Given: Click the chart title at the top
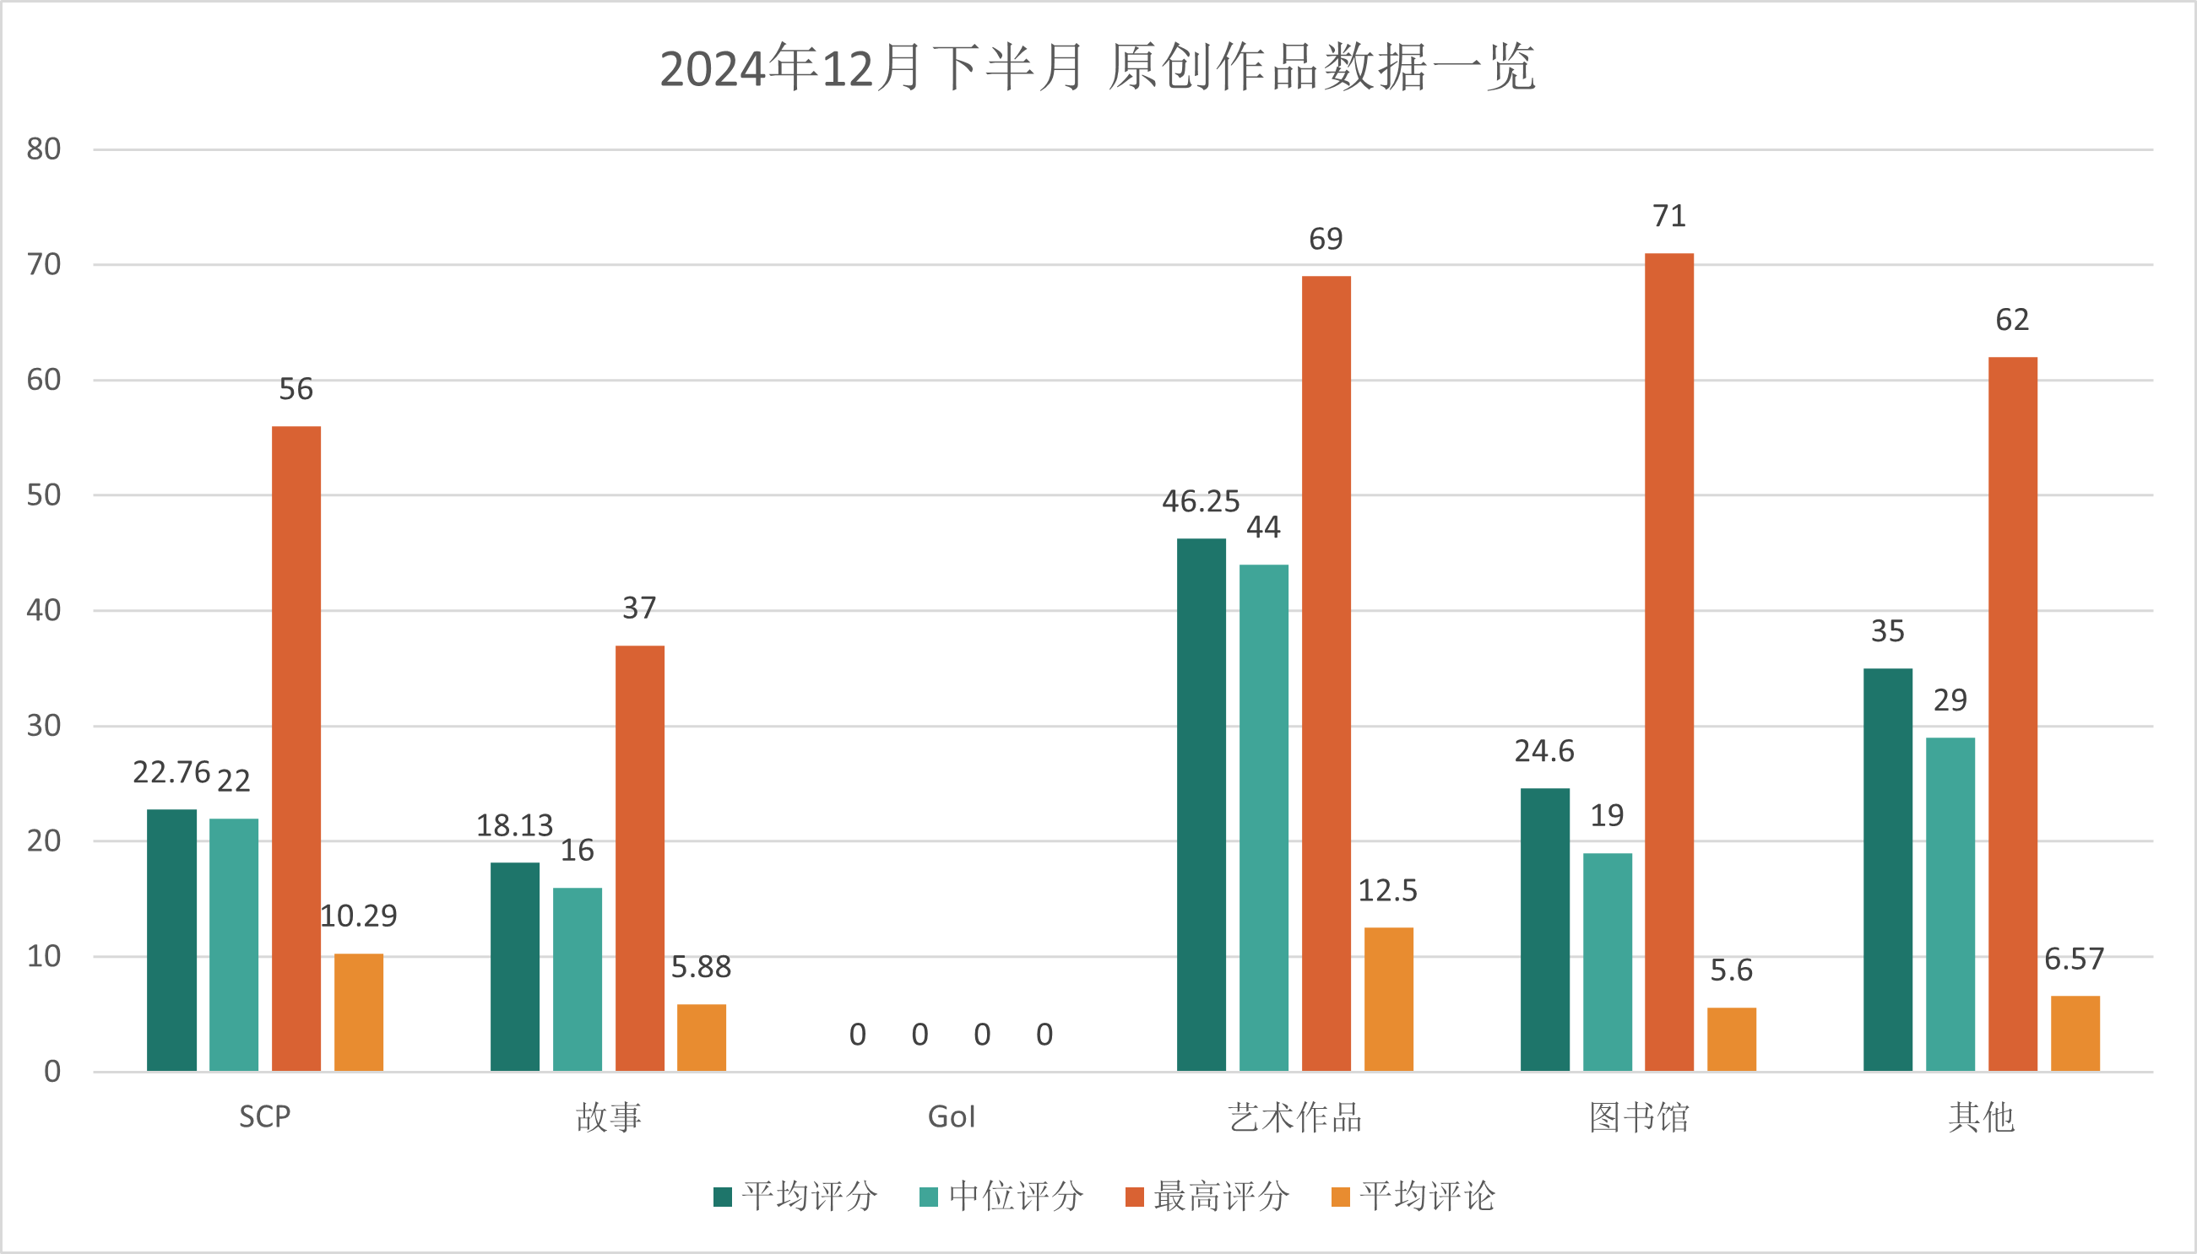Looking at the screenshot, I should click(1097, 68).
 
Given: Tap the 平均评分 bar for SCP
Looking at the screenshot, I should click(171, 939).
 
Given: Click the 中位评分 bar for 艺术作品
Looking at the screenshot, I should click(1263, 818).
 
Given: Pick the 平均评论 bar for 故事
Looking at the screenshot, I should click(702, 1037).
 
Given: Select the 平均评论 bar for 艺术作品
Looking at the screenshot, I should click(1388, 999).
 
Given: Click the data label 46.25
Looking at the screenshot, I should click(1200, 501).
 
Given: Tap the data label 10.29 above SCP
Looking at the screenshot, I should click(358, 916).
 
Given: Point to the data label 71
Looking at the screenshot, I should click(1668, 216).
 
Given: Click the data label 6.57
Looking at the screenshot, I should click(2074, 959).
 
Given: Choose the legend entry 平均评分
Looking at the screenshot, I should click(795, 1197).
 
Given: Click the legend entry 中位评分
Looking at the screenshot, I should click(1001, 1197).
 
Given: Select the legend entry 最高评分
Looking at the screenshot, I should click(1207, 1197).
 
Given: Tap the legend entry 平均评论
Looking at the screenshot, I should click(1413, 1197).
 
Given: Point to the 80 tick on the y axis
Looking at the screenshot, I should click(43, 150).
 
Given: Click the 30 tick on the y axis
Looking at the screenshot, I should click(43, 726).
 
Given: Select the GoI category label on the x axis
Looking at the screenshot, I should click(952, 1117).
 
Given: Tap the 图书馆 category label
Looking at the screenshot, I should click(1639, 1117).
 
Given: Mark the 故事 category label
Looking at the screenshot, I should click(608, 1117).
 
